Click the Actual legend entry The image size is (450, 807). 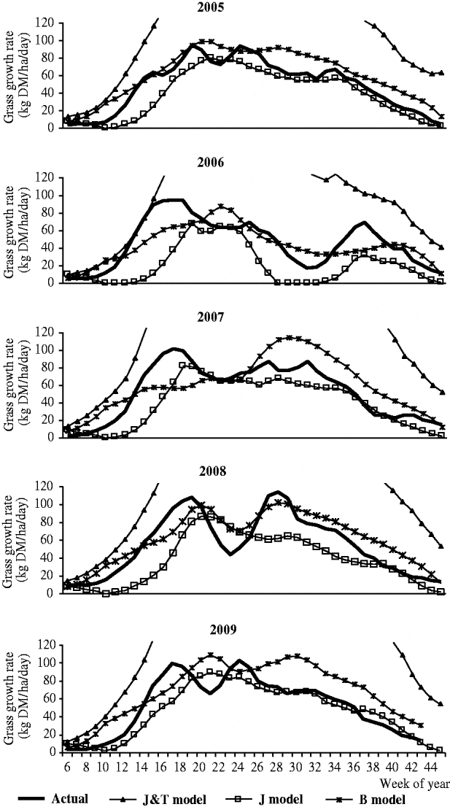point(72,798)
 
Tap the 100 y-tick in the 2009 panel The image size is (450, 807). point(47,663)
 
